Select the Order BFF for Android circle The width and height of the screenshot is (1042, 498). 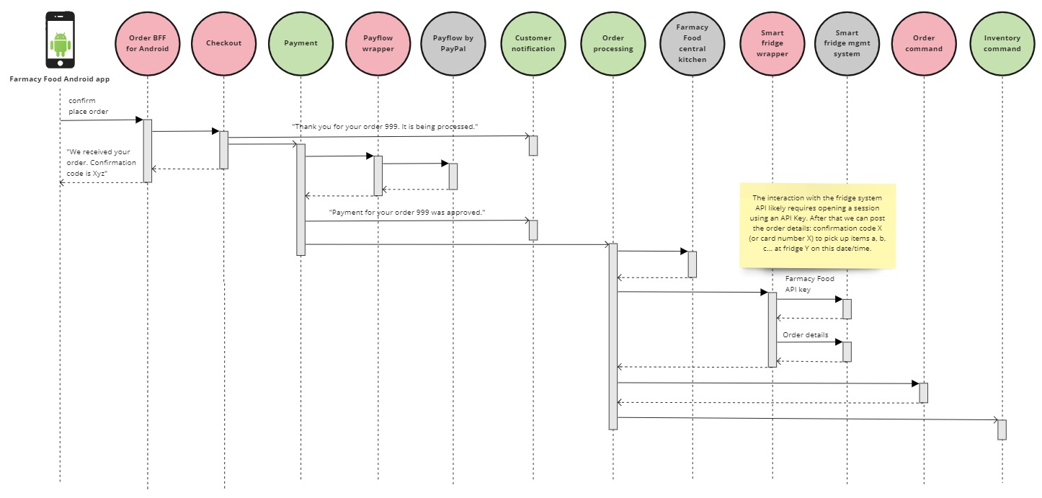148,43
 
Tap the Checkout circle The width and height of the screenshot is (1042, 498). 223,43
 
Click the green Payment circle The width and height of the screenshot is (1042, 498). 300,43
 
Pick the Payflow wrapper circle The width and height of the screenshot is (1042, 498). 378,43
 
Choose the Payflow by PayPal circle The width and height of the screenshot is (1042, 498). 453,43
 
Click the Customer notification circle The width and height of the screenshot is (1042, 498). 534,43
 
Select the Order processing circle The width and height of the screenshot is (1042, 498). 613,43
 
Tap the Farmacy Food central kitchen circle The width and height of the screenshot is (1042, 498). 693,43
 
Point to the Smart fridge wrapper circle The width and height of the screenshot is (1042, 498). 772,43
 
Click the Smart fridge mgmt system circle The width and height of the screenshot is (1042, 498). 847,43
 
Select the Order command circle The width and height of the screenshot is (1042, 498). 923,43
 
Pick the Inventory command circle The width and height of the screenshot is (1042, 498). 1002,43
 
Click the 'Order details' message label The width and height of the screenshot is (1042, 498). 806,335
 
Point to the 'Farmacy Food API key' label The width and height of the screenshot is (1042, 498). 809,283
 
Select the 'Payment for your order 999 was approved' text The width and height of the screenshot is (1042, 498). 406,213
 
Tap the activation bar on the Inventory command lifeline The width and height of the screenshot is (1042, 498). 1002,430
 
